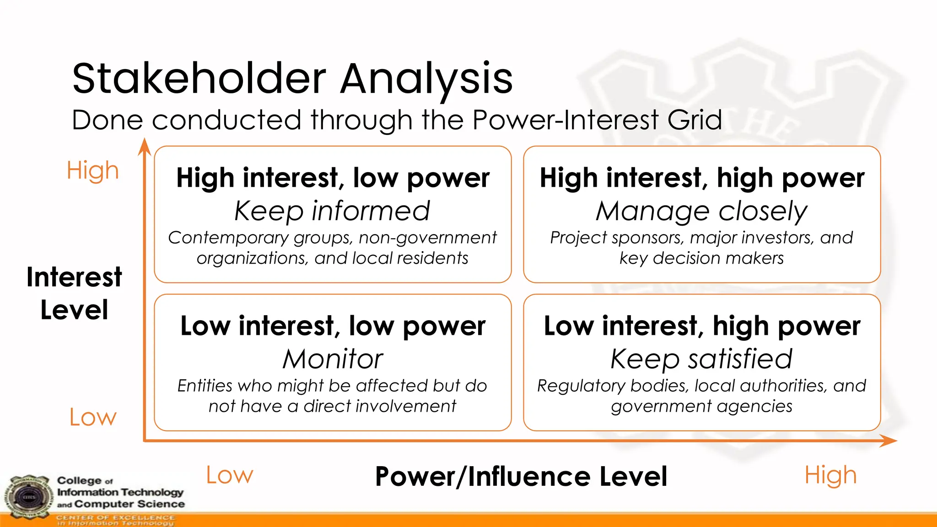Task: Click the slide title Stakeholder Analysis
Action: tap(292, 79)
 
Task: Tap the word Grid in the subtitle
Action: tap(695, 120)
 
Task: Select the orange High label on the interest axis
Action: tap(92, 170)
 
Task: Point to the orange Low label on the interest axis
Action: tap(93, 417)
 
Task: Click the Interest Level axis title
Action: tap(74, 293)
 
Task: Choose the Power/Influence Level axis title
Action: tap(521, 476)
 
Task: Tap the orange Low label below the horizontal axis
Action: tap(229, 475)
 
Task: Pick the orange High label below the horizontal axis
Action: tap(830, 475)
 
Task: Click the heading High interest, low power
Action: tap(333, 177)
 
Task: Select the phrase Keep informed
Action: tap(332, 211)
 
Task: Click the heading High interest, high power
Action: tap(702, 177)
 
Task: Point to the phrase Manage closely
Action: tap(701, 211)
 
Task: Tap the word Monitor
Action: tap(333, 359)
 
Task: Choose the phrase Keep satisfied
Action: tap(701, 359)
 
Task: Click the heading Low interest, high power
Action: tap(702, 326)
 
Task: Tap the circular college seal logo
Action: tap(29, 498)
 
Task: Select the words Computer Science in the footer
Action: tap(129, 504)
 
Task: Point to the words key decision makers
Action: tap(701, 258)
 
